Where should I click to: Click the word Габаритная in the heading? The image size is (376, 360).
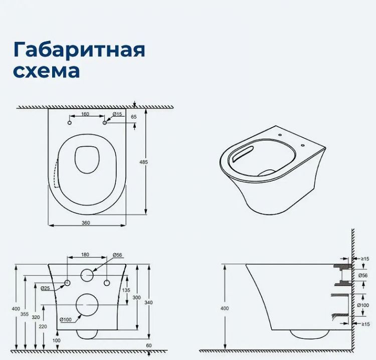point(79,50)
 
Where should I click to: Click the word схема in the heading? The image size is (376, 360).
point(46,71)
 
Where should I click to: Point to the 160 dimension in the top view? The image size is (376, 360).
point(85,114)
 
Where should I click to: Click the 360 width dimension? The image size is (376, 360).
point(86,223)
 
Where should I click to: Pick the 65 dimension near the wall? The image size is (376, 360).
point(133,117)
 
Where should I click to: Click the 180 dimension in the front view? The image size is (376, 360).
point(86,255)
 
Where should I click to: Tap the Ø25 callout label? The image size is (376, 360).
point(45,287)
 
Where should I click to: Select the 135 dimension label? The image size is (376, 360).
point(126,290)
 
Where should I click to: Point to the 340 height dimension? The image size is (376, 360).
point(149,302)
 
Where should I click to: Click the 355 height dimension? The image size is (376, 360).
point(24,314)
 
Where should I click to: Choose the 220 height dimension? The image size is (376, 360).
point(42,325)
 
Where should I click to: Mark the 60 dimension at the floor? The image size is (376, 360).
point(149,345)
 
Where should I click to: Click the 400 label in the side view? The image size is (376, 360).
point(224,308)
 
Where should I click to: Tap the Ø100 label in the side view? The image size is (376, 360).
point(363,305)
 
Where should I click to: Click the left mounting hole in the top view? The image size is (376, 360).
point(70,123)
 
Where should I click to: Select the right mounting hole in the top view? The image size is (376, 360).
point(104,123)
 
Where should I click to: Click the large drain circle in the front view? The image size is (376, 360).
point(86,304)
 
